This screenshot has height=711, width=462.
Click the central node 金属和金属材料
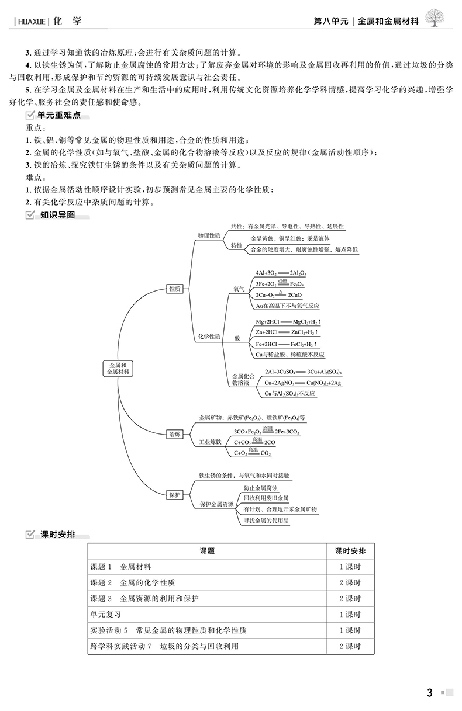119,367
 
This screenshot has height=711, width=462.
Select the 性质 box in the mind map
174,289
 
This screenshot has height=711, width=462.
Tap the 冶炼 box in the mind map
174,433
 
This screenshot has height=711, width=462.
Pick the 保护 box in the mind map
174,494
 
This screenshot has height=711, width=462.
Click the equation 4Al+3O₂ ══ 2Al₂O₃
281,273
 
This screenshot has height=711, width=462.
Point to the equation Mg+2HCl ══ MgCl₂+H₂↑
288,322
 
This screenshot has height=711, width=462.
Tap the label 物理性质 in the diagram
209,235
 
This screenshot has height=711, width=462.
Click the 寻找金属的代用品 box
266,521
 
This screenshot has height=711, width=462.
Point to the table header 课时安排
350,550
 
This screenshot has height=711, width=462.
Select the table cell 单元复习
103,615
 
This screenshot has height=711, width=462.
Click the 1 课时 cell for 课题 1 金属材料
350,567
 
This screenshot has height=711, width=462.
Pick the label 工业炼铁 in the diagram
211,442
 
